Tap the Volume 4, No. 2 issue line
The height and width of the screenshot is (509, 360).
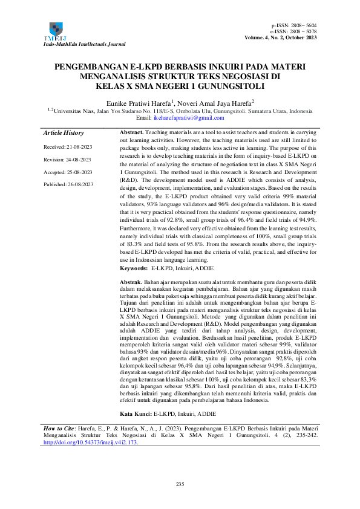281,37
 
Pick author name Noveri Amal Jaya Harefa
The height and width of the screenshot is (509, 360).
216,103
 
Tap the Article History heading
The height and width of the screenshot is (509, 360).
64,133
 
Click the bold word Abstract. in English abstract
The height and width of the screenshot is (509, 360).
132,132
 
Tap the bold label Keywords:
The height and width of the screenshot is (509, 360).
134,267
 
